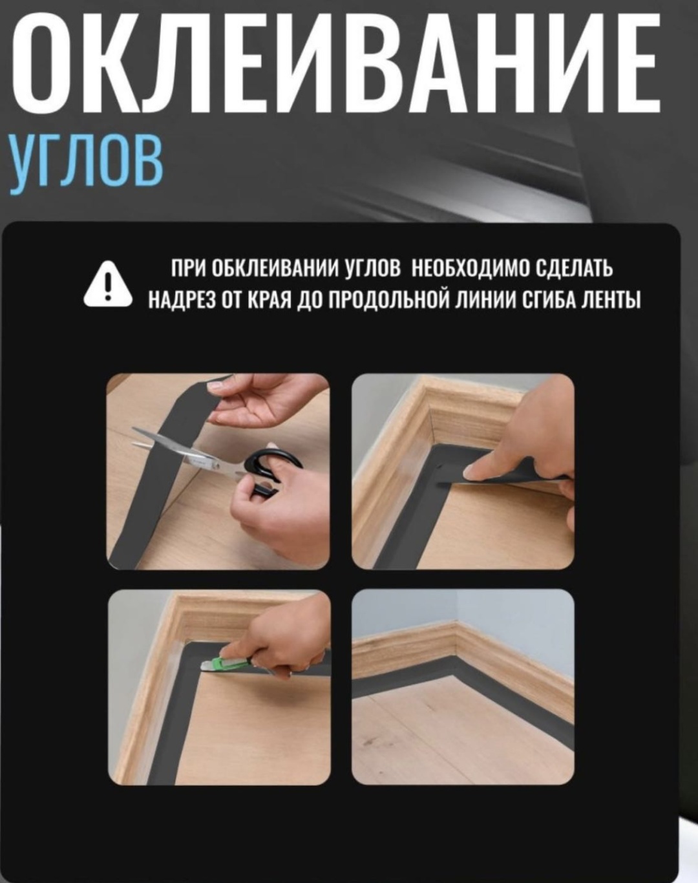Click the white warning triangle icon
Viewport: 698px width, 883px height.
(x=108, y=284)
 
